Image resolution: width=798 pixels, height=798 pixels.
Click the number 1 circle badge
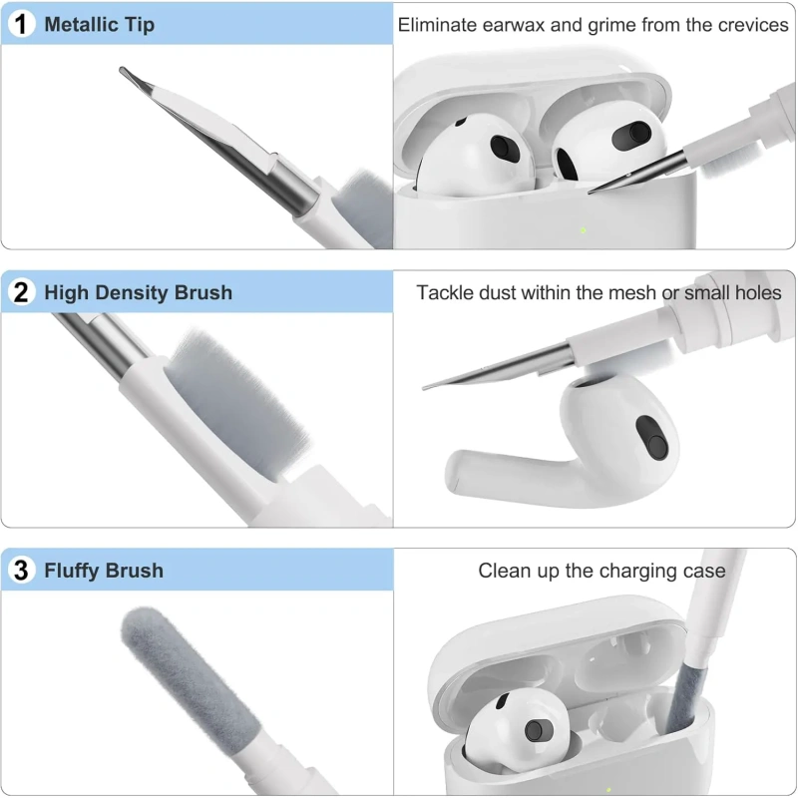point(21,24)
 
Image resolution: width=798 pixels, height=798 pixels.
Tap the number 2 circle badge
point(21,292)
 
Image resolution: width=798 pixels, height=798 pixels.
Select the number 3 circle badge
point(21,570)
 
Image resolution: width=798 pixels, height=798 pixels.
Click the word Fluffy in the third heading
point(72,571)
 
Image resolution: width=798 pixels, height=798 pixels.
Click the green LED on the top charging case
point(584,230)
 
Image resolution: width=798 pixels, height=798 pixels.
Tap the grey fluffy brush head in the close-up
point(190,677)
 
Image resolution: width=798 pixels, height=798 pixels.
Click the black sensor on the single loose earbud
point(652,438)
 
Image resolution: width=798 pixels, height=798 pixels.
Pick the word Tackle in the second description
point(442,292)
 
